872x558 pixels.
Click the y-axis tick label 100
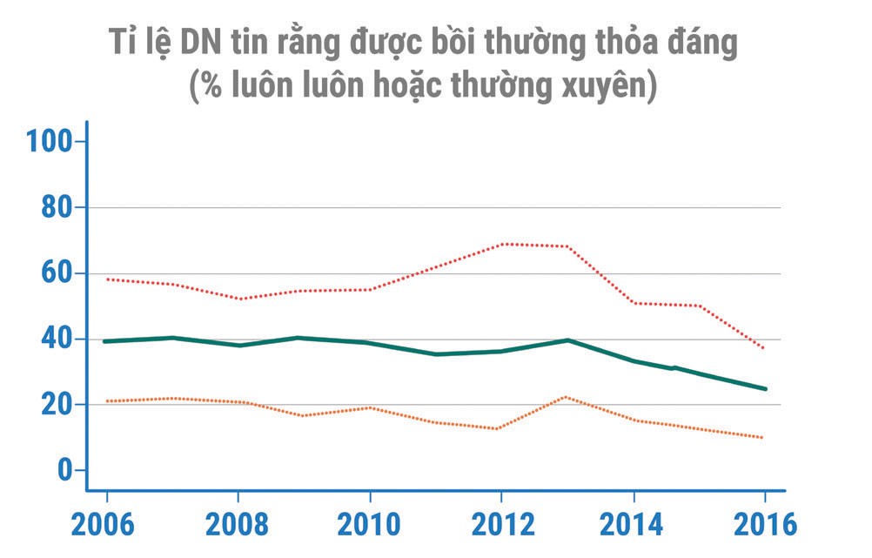coord(50,141)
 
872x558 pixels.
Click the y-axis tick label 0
coord(65,470)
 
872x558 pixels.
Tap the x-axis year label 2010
coord(370,526)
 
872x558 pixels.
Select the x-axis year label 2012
coord(501,526)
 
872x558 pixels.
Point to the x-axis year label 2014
coord(634,526)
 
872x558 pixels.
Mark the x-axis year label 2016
coord(764,526)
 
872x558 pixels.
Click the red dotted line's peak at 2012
coord(502,244)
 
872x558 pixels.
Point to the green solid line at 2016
coord(765,388)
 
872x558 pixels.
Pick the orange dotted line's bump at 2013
coord(567,397)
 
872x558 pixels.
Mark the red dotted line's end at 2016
coord(764,348)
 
